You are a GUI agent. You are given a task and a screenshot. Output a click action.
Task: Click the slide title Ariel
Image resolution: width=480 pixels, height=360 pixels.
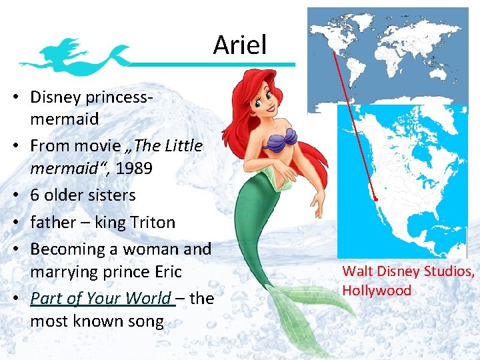click(x=240, y=45)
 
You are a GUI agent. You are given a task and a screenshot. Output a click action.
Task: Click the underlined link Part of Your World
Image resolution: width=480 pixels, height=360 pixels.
click(x=101, y=298)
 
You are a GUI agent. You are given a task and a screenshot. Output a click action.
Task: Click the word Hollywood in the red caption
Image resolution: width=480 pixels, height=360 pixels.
click(x=377, y=291)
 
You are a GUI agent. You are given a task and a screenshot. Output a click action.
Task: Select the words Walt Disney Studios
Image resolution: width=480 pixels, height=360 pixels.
click(x=408, y=271)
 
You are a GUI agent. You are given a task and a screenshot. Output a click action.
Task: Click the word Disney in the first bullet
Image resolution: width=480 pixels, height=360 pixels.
click(x=57, y=97)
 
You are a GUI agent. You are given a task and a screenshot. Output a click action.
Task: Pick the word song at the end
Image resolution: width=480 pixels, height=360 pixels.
click(x=146, y=321)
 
